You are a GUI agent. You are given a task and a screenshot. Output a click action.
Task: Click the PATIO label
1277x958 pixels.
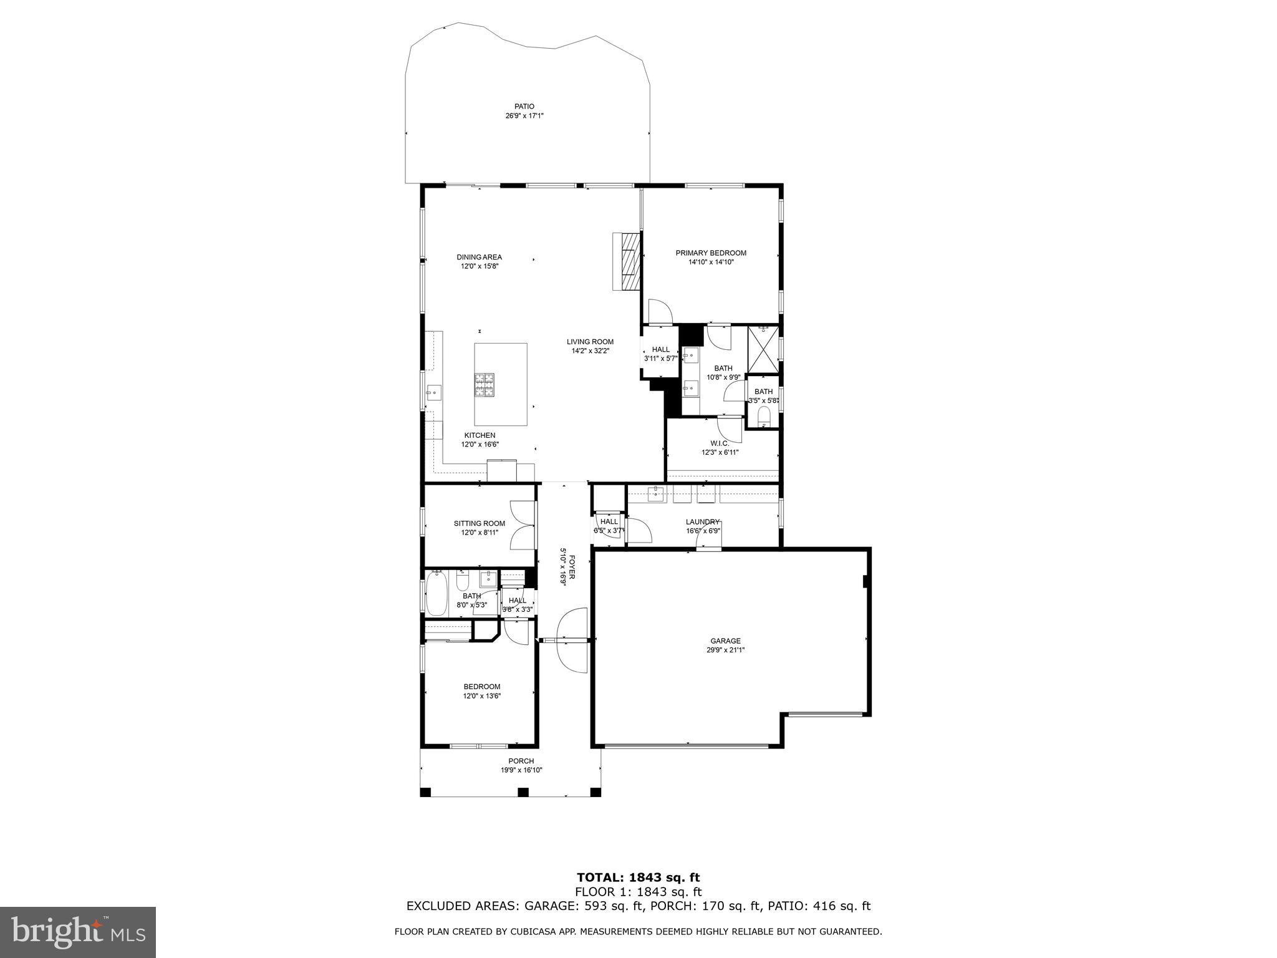coord(524,107)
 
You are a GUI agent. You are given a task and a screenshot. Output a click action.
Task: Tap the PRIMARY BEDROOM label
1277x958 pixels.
coord(711,253)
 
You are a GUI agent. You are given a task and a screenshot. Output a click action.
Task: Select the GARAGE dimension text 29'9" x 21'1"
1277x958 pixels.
coord(725,650)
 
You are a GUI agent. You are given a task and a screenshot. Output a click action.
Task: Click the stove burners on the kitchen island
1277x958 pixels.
coord(484,385)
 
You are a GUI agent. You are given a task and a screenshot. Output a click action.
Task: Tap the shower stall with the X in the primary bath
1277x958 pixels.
coord(763,349)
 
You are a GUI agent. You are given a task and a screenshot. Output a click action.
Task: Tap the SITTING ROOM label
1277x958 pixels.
coord(479,523)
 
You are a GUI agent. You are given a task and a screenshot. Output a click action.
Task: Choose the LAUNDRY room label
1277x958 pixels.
coord(703,522)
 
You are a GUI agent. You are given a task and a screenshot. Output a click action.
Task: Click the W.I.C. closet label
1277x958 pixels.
coord(719,443)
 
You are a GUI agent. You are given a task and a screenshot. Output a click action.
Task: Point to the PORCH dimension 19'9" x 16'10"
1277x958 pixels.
coord(521,770)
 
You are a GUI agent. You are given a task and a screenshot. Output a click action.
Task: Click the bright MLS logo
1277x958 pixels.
coord(77,932)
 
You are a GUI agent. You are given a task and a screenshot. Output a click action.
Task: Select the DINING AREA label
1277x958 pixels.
coord(479,257)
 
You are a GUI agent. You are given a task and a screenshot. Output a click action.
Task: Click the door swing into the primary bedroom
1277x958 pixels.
coord(660,312)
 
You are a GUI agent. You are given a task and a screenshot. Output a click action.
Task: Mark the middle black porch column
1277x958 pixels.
coord(523,792)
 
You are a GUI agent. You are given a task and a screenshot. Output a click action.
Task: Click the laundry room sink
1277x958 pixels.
coord(655,495)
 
